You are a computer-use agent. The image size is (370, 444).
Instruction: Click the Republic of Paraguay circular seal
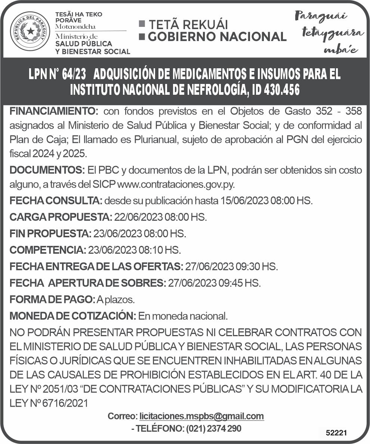30,31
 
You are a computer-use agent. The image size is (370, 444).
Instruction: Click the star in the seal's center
30,31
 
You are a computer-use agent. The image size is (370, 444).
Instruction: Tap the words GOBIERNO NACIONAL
217,37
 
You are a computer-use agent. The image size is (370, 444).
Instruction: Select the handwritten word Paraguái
321,16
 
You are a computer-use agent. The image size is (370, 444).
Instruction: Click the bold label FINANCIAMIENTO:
54,111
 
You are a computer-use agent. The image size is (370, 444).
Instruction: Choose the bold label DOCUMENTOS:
47,170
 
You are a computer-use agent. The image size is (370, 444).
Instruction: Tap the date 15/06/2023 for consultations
244,200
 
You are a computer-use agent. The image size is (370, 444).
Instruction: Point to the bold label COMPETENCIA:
48,250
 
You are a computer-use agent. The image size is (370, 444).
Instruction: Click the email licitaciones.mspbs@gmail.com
201,416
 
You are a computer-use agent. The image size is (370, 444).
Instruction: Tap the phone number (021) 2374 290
213,429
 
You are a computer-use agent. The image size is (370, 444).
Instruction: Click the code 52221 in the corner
336,433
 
